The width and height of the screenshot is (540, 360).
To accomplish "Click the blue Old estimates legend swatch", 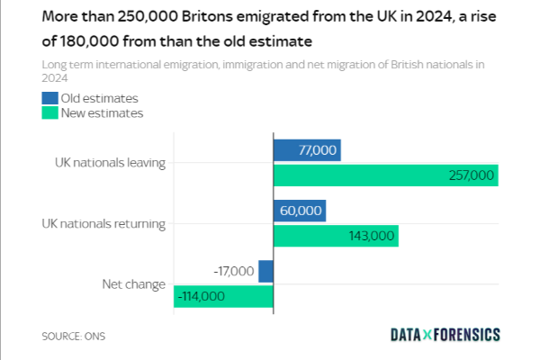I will pyautogui.click(x=49, y=98).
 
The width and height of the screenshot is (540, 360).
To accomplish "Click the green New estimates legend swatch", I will pyautogui.click(x=49, y=112).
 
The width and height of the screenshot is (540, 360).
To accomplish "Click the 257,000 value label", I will pyautogui.click(x=472, y=175).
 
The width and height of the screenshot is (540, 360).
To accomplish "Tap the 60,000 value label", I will pyautogui.click(x=301, y=211).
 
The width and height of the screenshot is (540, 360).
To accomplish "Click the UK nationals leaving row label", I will pyautogui.click(x=110, y=163).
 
